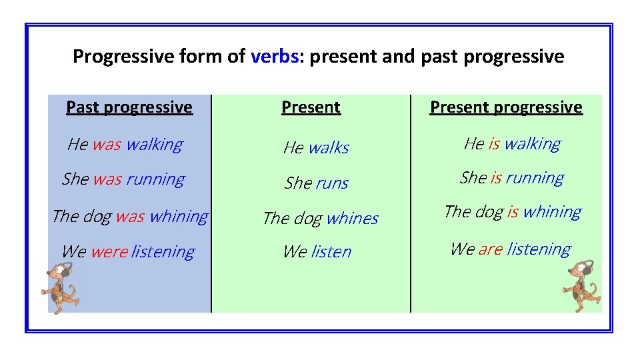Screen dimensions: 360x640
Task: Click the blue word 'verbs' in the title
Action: pos(274,57)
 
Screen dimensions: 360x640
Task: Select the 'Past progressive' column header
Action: pos(129,107)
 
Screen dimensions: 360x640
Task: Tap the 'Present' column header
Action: pos(311,107)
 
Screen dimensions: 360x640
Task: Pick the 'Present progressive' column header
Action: pos(506,107)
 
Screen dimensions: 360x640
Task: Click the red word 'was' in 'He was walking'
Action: pos(107,145)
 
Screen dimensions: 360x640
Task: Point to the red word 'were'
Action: pos(109,252)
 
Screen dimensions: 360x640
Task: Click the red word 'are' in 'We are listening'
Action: pos(490,249)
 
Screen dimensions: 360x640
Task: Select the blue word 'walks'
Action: pos(328,148)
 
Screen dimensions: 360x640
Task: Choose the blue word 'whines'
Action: pos(352,219)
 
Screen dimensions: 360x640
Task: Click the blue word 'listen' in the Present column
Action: pos(331,252)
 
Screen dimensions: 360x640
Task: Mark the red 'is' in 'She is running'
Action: pos(495,178)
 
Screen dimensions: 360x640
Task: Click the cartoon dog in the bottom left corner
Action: pos(59,287)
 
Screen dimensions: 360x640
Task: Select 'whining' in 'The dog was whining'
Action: pos(179,217)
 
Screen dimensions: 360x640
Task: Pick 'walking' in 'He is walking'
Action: pos(532,144)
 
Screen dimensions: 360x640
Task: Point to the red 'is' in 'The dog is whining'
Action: pos(512,212)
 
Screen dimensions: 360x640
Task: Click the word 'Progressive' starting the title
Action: pos(123,57)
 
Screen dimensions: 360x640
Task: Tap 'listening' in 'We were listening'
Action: pos(163,252)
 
